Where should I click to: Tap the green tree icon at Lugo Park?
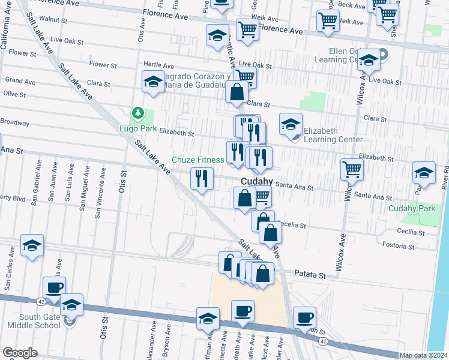pos(138,113)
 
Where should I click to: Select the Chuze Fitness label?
pos(197,160)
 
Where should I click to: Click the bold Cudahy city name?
pos(257,181)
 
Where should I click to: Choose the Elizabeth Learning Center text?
pos(333,135)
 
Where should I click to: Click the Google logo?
pos(20,353)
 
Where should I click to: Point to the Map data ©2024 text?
pos(424,355)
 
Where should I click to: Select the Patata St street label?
pos(309,274)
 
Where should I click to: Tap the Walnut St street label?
pos(53,20)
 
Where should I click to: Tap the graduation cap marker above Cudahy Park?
pos(424,173)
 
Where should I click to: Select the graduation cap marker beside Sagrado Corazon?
pos(153,81)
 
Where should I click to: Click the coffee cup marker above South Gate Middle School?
pos(54,287)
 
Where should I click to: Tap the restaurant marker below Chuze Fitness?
pos(202,178)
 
